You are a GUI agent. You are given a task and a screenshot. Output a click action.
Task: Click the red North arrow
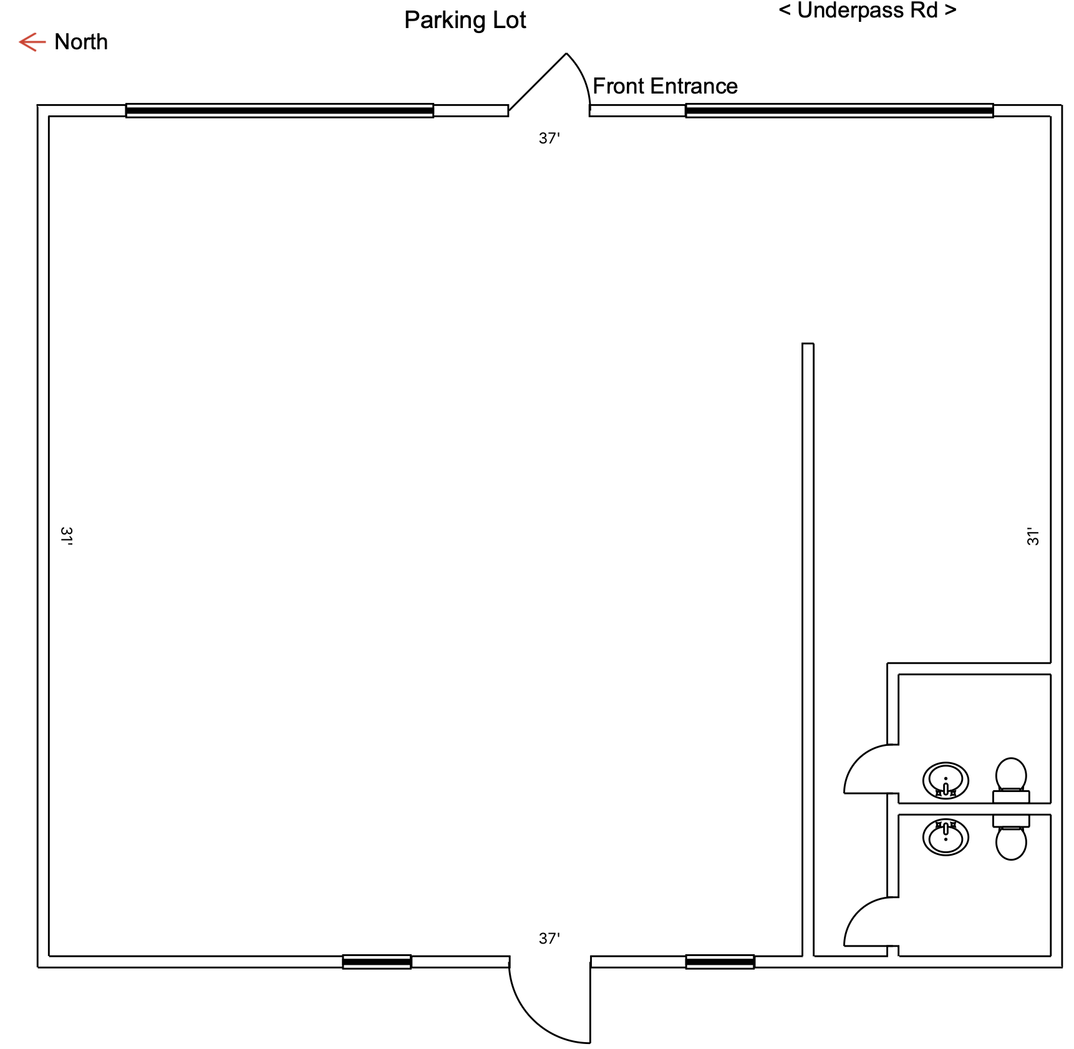32,42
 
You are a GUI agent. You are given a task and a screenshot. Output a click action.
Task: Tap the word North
81,42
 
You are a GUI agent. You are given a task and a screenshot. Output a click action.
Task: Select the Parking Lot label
465,20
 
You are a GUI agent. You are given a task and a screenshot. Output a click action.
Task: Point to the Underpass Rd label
868,11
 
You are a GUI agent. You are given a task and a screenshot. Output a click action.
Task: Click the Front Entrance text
665,86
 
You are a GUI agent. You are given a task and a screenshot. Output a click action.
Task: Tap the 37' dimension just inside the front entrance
549,138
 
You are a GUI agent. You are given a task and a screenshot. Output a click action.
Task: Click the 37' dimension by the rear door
549,939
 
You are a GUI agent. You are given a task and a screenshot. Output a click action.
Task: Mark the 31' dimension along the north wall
66,536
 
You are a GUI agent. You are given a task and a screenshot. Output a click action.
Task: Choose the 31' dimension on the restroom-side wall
1033,536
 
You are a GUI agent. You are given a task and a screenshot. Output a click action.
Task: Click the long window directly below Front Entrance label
839,110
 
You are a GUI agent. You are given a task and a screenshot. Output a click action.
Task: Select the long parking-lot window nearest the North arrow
279,110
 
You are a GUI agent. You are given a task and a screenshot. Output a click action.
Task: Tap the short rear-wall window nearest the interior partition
720,962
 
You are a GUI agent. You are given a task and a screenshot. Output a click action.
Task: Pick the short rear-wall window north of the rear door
377,962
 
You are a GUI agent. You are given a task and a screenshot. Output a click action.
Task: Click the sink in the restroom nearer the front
946,780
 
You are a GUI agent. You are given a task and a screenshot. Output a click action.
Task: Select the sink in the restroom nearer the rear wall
946,837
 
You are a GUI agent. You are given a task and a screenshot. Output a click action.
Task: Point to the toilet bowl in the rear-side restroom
1011,843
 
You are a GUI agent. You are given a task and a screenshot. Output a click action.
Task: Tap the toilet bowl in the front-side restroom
1011,775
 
